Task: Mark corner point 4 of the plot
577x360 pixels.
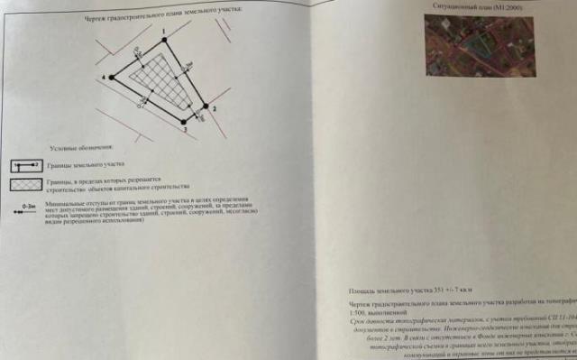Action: click(x=112, y=78)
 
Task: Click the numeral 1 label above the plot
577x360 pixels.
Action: click(x=164, y=32)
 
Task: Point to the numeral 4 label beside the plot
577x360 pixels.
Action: click(x=104, y=78)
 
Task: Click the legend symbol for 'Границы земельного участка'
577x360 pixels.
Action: click(x=24, y=166)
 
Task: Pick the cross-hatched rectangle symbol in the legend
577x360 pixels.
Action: click(x=24, y=185)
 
